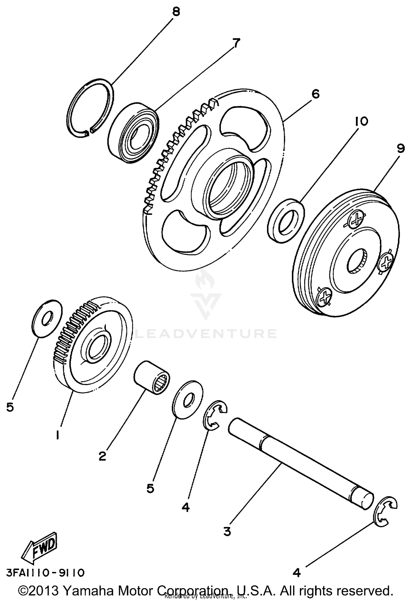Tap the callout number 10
coord(361,121)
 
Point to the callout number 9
coord(401,149)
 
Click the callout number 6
coord(316,94)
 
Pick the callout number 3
coord(227,531)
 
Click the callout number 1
coord(57,435)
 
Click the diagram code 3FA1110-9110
coord(45,573)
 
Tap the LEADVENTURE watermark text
coord(206,334)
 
